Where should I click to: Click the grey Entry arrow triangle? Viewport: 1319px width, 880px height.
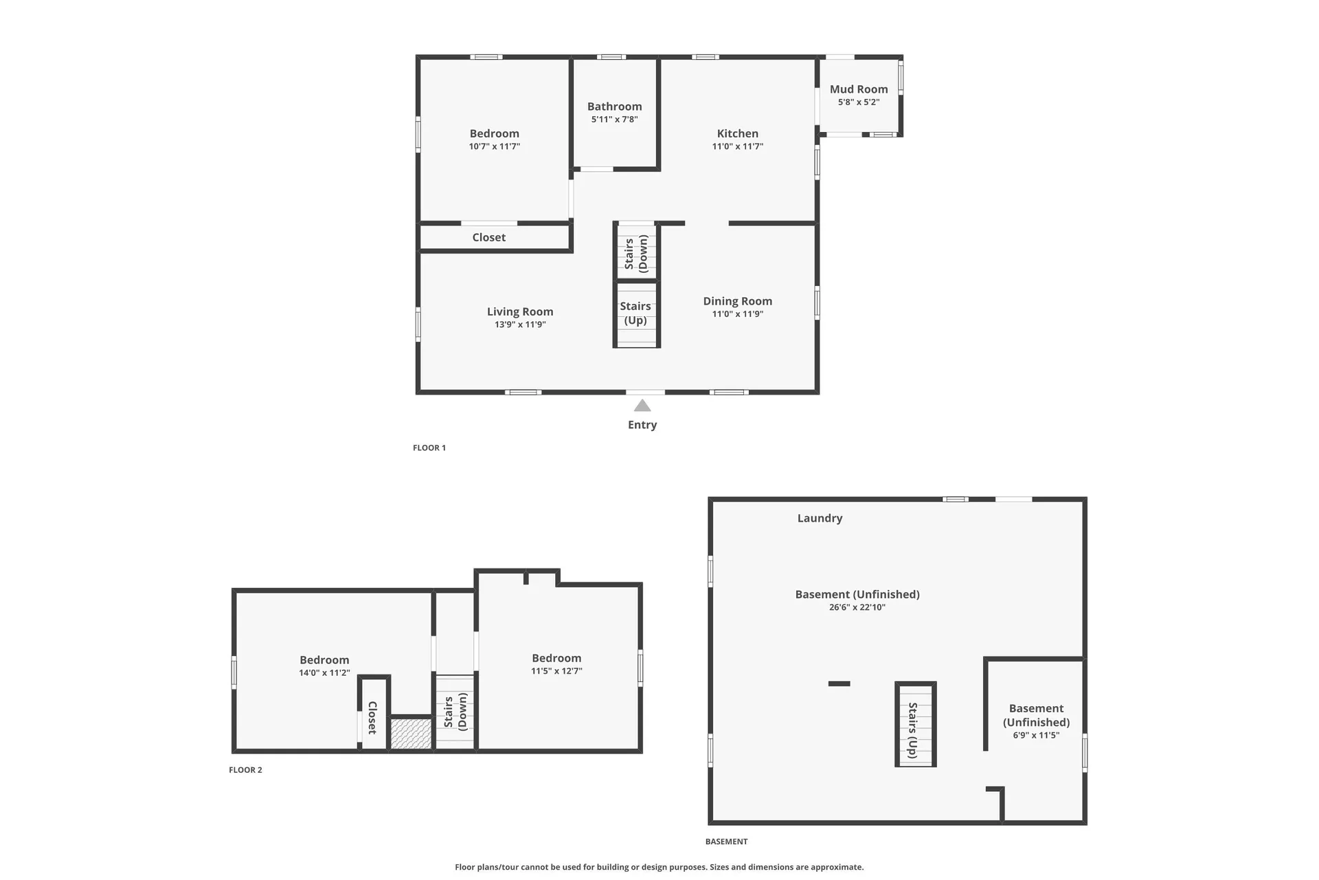[x=642, y=406]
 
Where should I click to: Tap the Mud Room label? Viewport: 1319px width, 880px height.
[x=859, y=89]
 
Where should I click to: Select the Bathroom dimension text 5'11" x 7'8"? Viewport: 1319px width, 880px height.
[x=615, y=119]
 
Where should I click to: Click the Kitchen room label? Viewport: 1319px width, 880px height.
[x=738, y=133]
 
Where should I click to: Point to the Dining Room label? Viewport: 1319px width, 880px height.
[x=738, y=301]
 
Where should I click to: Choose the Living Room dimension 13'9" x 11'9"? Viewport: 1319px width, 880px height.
[x=520, y=324]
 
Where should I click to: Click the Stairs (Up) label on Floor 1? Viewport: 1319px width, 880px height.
[x=635, y=313]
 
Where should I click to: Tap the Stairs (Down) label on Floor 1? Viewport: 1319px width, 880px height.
[x=636, y=254]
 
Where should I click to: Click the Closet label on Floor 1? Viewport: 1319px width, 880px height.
[x=489, y=237]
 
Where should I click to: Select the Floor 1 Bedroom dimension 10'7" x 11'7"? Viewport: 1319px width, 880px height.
[x=495, y=146]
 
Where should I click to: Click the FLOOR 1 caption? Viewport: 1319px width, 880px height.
[x=429, y=448]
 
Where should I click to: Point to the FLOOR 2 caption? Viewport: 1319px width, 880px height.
[x=245, y=770]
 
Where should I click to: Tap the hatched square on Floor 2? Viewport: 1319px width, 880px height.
[x=411, y=734]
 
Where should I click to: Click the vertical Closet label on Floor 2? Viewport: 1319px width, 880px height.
[x=373, y=718]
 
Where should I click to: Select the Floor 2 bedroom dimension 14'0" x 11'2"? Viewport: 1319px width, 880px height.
[x=324, y=673]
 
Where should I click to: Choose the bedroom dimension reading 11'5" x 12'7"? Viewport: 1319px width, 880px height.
[x=556, y=671]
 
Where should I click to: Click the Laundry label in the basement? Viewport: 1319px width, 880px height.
[x=820, y=518]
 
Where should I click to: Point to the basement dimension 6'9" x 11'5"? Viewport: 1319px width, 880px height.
[x=1036, y=735]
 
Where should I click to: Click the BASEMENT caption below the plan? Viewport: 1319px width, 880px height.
[x=726, y=841]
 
